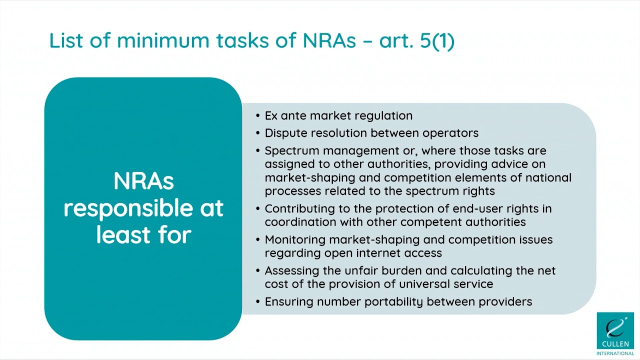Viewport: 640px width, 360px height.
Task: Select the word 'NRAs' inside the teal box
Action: tap(143, 181)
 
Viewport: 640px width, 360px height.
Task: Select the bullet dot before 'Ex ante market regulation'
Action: tap(258, 116)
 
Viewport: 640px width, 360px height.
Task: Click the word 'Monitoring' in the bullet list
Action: tap(294, 239)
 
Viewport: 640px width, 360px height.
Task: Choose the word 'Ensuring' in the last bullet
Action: tap(288, 301)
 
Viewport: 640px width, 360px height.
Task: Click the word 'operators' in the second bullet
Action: tap(450, 133)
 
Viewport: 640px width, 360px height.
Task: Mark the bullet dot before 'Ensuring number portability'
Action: tap(258, 302)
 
